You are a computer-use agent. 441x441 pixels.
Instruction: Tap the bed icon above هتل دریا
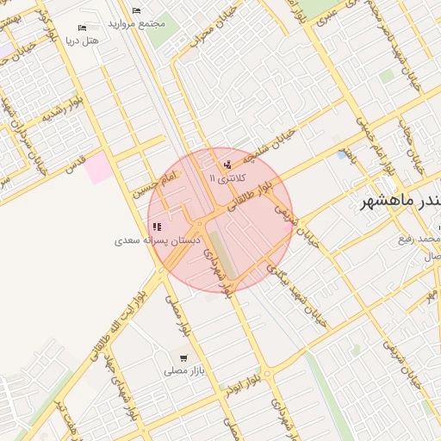point(83,28)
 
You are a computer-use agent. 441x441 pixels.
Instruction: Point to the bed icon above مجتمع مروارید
point(136,10)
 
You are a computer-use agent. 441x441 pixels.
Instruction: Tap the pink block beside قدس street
point(98,166)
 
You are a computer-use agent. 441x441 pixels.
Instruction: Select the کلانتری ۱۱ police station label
point(227,177)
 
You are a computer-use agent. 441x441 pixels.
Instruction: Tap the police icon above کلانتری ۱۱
point(227,165)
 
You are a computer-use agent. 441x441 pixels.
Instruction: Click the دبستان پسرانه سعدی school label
point(156,240)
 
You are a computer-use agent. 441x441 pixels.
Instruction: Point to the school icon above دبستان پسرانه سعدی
point(156,227)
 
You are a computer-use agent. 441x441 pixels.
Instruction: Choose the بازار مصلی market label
point(182,370)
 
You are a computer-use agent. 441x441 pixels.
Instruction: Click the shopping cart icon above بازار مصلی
point(183,357)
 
